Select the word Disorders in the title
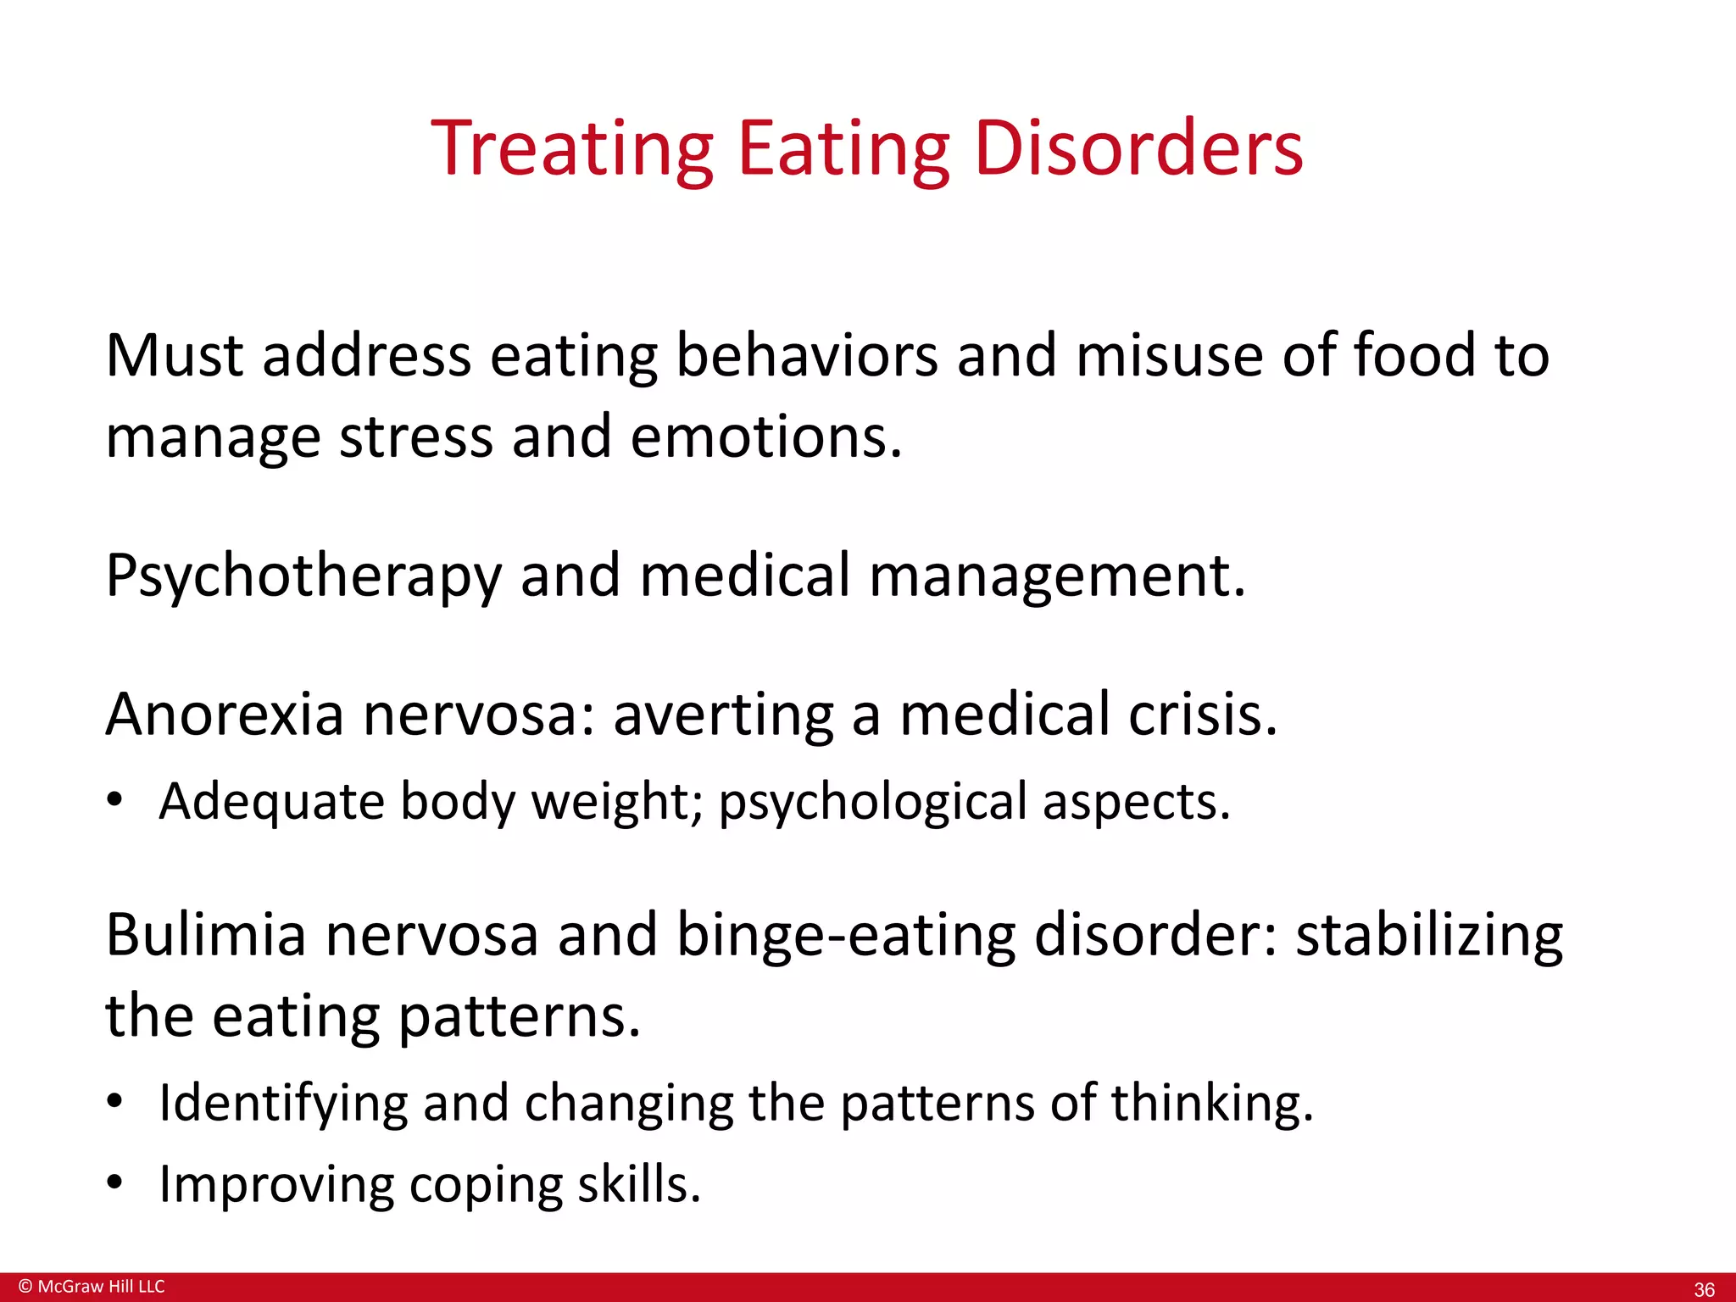pyautogui.click(x=1138, y=149)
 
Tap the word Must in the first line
pyautogui.click(x=175, y=355)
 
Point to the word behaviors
pyautogui.click(x=807, y=355)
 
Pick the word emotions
pyautogui.click(x=766, y=437)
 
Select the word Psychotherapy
pyautogui.click(x=303, y=576)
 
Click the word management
pyautogui.click(x=1057, y=576)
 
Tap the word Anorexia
pyautogui.click(x=225, y=715)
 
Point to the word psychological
pyautogui.click(x=873, y=802)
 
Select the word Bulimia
pyautogui.click(x=205, y=935)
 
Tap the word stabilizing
pyautogui.click(x=1429, y=935)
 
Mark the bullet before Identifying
pyautogui.click(x=115, y=1101)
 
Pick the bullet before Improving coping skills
pyautogui.click(x=115, y=1182)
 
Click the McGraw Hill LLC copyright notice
pyautogui.click(x=92, y=1286)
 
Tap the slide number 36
pyautogui.click(x=1704, y=1289)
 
